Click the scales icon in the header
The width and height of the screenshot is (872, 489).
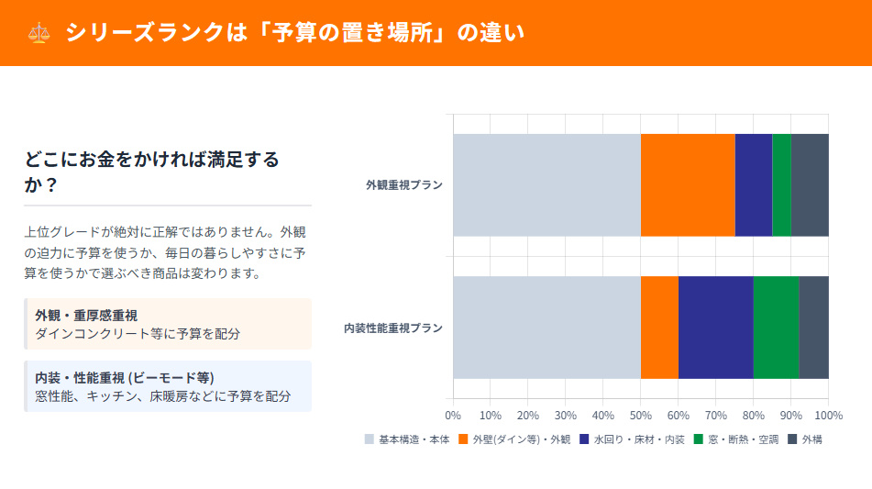pyautogui.click(x=39, y=33)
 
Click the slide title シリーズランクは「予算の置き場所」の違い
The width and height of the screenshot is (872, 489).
pyautogui.click(x=294, y=33)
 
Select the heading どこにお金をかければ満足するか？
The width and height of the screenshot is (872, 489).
pyautogui.click(x=152, y=172)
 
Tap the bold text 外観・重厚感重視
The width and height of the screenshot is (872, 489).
pyautogui.click(x=86, y=315)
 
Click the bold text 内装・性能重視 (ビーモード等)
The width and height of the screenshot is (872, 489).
pyautogui.click(x=124, y=377)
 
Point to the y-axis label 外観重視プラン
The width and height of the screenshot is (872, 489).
pyautogui.click(x=404, y=185)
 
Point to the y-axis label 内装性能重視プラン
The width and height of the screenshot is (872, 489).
pyautogui.click(x=393, y=328)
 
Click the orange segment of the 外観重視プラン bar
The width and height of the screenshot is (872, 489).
pyautogui.click(x=688, y=185)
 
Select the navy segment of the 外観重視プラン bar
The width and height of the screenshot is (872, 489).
pyautogui.click(x=754, y=185)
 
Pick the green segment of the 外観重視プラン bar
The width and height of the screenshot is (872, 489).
pyautogui.click(x=781, y=185)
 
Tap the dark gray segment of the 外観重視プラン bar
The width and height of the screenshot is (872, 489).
pyautogui.click(x=810, y=185)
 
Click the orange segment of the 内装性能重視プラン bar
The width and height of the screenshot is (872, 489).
pyautogui.click(x=659, y=328)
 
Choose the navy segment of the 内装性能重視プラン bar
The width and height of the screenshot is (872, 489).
pyautogui.click(x=715, y=328)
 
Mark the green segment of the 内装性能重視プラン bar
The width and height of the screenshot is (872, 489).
pyautogui.click(x=776, y=328)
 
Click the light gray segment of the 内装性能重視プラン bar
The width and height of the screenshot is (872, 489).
pyautogui.click(x=546, y=328)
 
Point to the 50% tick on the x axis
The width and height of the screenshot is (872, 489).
pyautogui.click(x=640, y=414)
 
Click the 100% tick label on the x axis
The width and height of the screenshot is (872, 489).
pyautogui.click(x=827, y=414)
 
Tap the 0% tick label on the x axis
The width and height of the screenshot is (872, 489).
pyautogui.click(x=453, y=414)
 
